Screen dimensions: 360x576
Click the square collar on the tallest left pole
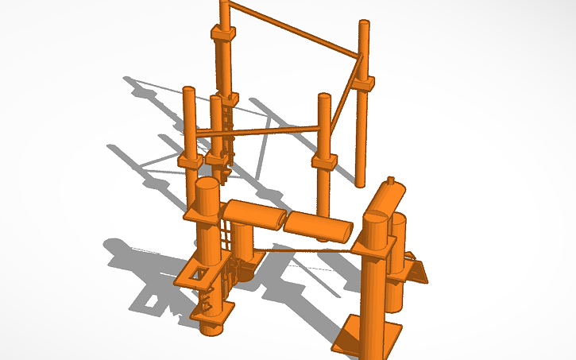pyautogui.click(x=223, y=34)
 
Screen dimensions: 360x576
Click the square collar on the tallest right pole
pyautogui.click(x=364, y=83)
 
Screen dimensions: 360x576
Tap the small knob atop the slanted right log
pyautogui.click(x=390, y=179)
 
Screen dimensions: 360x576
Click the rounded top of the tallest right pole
pyautogui.click(x=364, y=24)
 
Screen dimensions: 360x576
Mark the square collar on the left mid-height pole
pyautogui.click(x=191, y=161)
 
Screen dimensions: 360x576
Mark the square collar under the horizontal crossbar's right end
pyautogui.click(x=324, y=161)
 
